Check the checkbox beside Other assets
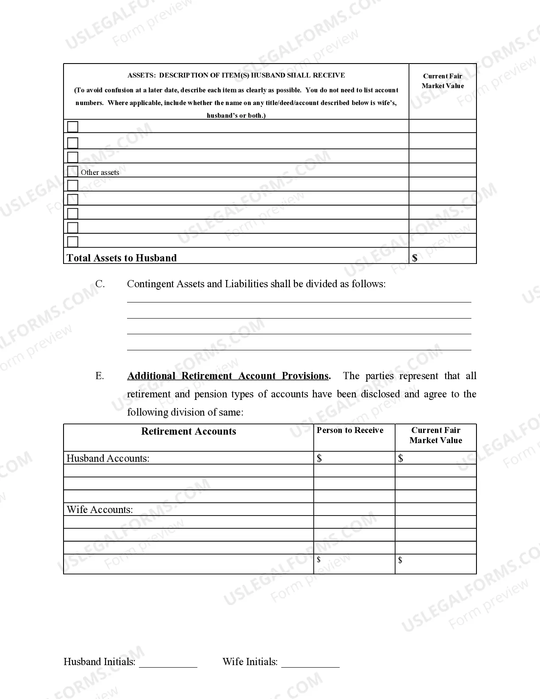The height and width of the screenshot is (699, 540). pyautogui.click(x=73, y=171)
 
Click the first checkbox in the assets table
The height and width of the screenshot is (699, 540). pyautogui.click(x=73, y=127)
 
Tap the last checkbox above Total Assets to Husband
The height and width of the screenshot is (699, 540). pyautogui.click(x=73, y=241)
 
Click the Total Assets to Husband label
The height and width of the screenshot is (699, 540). pyautogui.click(x=122, y=258)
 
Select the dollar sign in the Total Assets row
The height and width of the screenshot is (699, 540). pyautogui.click(x=415, y=258)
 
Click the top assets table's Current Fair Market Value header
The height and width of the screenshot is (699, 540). pyautogui.click(x=443, y=81)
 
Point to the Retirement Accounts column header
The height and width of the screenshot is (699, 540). pyautogui.click(x=188, y=431)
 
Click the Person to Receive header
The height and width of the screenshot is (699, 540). pyautogui.click(x=350, y=430)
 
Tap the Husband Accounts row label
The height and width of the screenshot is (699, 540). pyautogui.click(x=108, y=458)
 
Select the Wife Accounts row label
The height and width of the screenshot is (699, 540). pyautogui.click(x=100, y=510)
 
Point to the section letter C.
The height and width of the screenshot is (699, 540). pyautogui.click(x=100, y=284)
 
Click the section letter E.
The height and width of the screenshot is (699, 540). pyautogui.click(x=100, y=376)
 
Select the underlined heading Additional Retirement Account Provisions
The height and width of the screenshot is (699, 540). pyautogui.click(x=228, y=376)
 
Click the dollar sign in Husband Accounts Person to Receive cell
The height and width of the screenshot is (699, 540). pyautogui.click(x=319, y=458)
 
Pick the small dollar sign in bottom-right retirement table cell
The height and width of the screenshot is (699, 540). pyautogui.click(x=400, y=560)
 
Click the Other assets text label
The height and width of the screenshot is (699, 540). pyautogui.click(x=100, y=172)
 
